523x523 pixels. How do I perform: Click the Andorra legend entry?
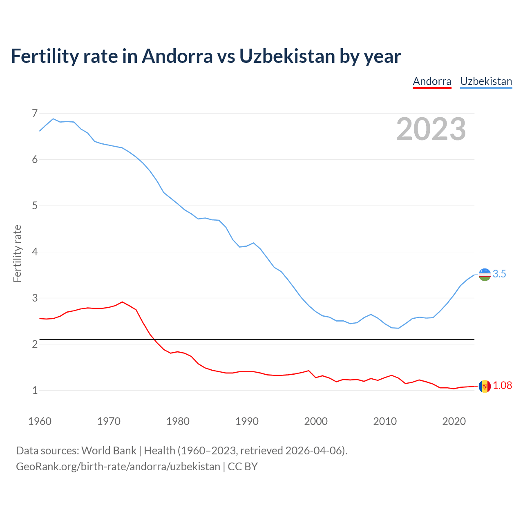point(432,81)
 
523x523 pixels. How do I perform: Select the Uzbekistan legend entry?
point(486,81)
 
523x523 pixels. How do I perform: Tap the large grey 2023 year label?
point(431,129)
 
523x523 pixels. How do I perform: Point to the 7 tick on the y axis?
point(35,113)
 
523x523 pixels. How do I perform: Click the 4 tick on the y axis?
point(35,252)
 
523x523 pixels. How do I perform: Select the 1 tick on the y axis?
point(35,390)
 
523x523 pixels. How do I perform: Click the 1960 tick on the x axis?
point(40,421)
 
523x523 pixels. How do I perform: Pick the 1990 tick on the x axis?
point(247,421)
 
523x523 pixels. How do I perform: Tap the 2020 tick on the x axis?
point(454,421)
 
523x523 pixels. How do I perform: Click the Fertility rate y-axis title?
point(17,253)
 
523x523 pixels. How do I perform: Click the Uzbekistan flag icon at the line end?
point(485,275)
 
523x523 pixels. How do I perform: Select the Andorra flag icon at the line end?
point(485,386)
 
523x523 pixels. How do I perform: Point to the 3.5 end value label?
point(499,274)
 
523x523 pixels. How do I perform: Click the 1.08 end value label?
point(502,386)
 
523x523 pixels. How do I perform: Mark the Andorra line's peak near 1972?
point(122,302)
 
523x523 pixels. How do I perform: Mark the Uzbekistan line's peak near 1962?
point(53,119)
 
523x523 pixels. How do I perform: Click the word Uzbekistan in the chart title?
point(287,56)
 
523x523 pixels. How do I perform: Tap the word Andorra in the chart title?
point(177,56)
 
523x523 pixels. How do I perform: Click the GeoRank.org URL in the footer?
point(118,467)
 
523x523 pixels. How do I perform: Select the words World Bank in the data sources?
point(109,451)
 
